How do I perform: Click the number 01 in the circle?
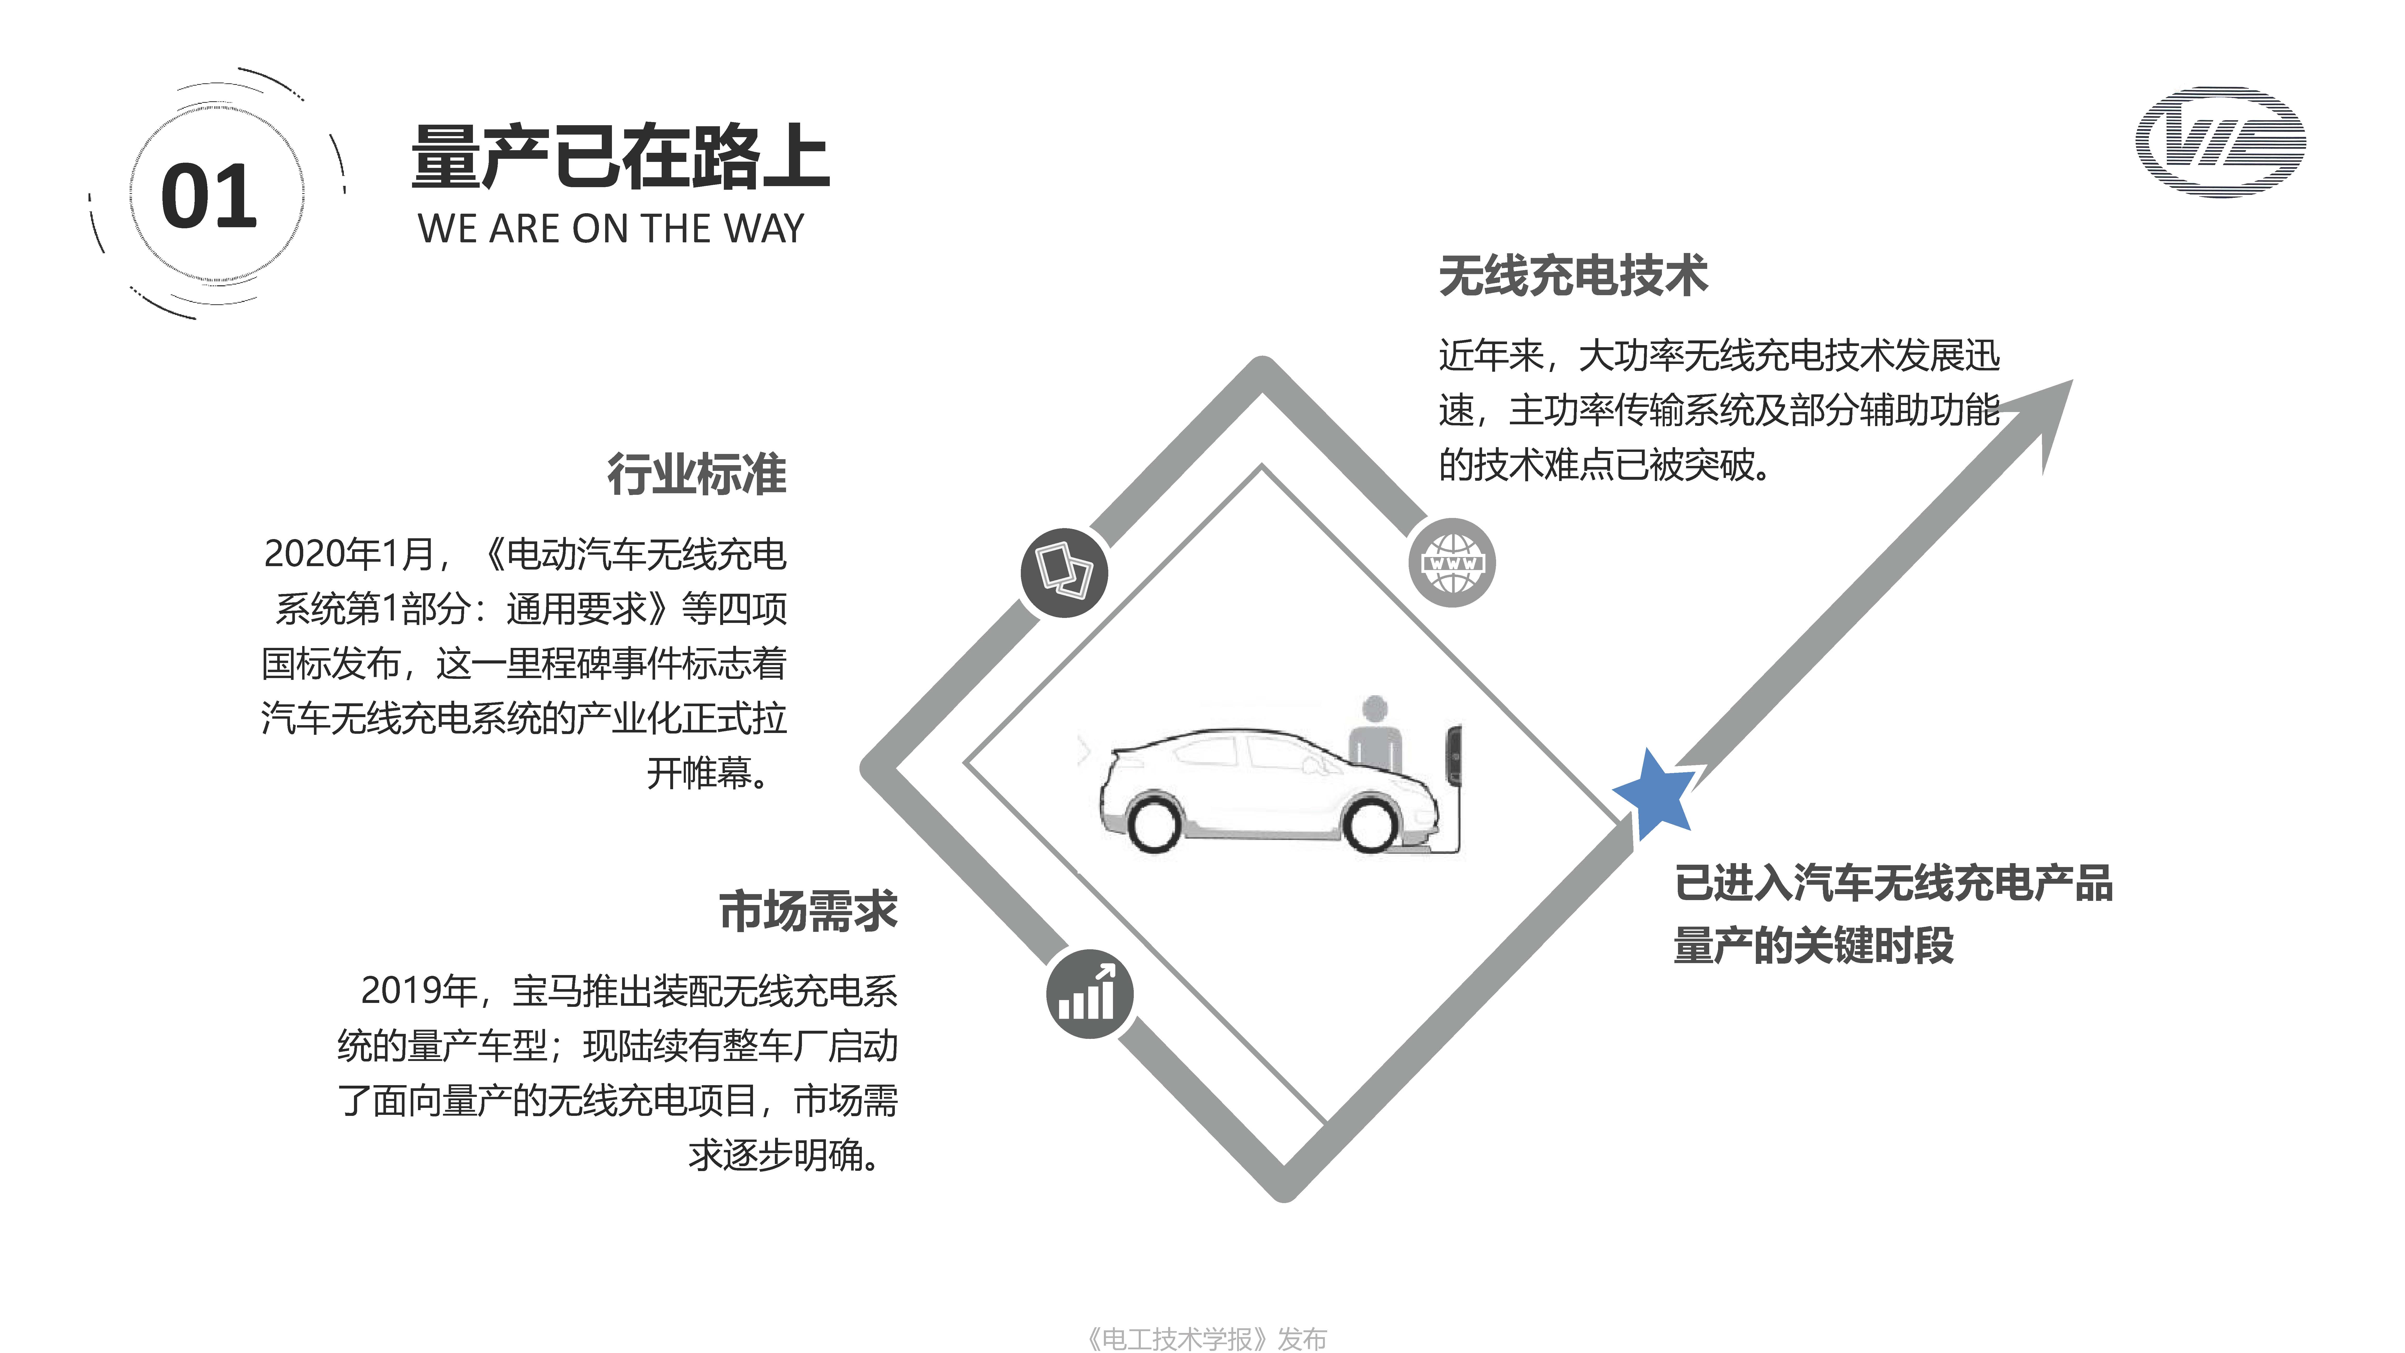pos(209,196)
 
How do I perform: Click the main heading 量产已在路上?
pos(620,157)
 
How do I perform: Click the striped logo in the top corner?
pos(2220,142)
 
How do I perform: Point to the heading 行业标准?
pos(697,474)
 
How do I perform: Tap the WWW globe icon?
pos(1452,563)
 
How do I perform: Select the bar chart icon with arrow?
pos(1088,994)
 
